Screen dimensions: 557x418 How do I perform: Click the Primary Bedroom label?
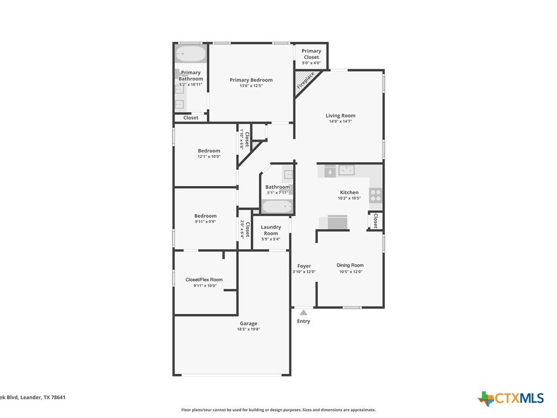tap(251, 80)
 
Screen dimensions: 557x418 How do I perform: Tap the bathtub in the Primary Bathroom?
tap(191, 54)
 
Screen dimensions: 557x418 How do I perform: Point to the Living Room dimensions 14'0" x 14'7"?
tap(341, 121)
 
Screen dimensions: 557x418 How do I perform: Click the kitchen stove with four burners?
tap(376, 195)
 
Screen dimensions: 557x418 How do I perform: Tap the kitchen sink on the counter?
tap(346, 170)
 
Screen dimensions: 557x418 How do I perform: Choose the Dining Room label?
tap(350, 265)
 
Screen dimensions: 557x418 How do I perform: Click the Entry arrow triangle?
tap(304, 313)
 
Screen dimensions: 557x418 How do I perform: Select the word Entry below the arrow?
tap(304, 321)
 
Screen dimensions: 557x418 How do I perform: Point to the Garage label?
tap(248, 323)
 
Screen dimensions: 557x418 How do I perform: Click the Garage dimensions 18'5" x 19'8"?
tap(249, 329)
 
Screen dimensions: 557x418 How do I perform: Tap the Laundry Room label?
tap(271, 230)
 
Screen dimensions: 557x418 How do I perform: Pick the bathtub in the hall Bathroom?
tap(277, 207)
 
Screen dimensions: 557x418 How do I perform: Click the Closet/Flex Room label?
tap(204, 280)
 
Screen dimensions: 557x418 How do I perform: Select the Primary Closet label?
tap(311, 54)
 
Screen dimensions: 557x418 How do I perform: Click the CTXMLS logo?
tap(511, 398)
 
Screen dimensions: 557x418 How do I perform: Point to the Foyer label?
tap(304, 266)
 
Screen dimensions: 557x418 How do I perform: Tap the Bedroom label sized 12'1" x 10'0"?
tap(209, 151)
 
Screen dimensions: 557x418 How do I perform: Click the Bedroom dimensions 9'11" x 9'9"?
tap(205, 222)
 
